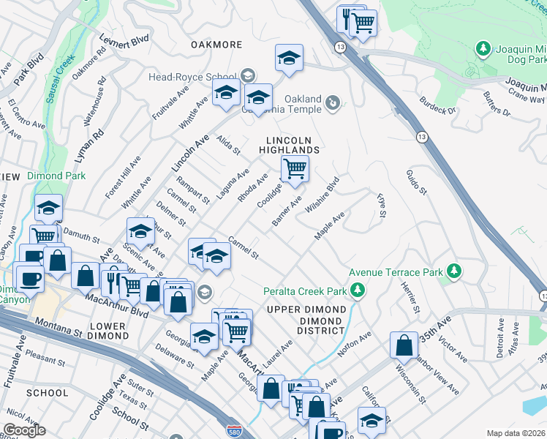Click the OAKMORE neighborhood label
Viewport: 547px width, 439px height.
(x=216, y=45)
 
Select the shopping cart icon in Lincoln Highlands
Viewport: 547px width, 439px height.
(x=295, y=169)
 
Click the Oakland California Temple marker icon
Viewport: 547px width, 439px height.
(x=333, y=102)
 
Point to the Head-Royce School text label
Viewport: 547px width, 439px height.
(x=192, y=76)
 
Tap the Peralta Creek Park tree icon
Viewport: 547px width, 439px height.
(x=358, y=291)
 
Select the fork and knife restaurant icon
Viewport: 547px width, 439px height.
(x=111, y=279)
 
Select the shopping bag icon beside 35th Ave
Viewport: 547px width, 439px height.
(x=404, y=345)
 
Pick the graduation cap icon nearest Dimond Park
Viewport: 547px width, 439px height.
(x=48, y=209)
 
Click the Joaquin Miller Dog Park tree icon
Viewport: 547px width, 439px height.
(x=483, y=50)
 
